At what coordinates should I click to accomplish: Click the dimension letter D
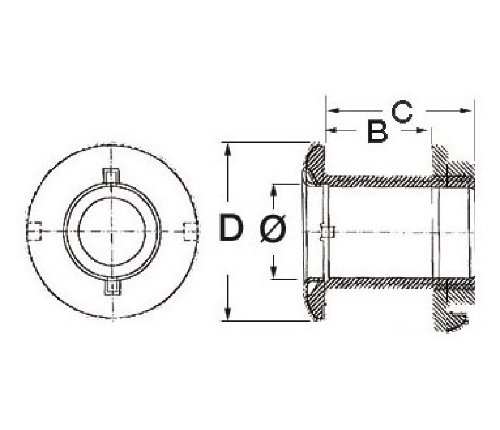click(x=231, y=227)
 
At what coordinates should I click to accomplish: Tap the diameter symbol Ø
click(x=273, y=228)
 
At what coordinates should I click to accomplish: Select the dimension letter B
click(x=377, y=131)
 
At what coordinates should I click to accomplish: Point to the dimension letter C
click(x=402, y=112)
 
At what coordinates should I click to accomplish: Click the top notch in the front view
click(x=111, y=176)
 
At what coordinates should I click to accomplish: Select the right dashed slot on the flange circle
click(x=190, y=232)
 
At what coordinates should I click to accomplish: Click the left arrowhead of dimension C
click(x=333, y=110)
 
